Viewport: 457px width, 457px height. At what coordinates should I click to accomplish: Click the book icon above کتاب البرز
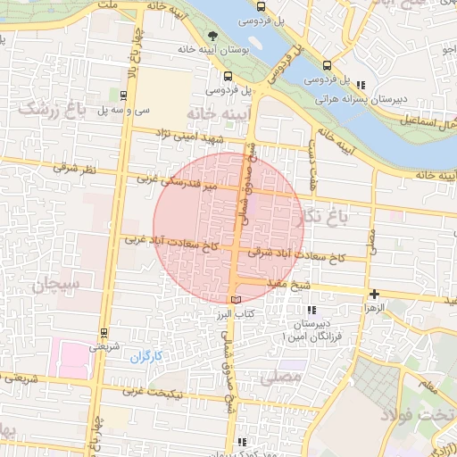(x=236, y=300)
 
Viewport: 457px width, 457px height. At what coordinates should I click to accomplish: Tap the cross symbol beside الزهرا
(x=374, y=294)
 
